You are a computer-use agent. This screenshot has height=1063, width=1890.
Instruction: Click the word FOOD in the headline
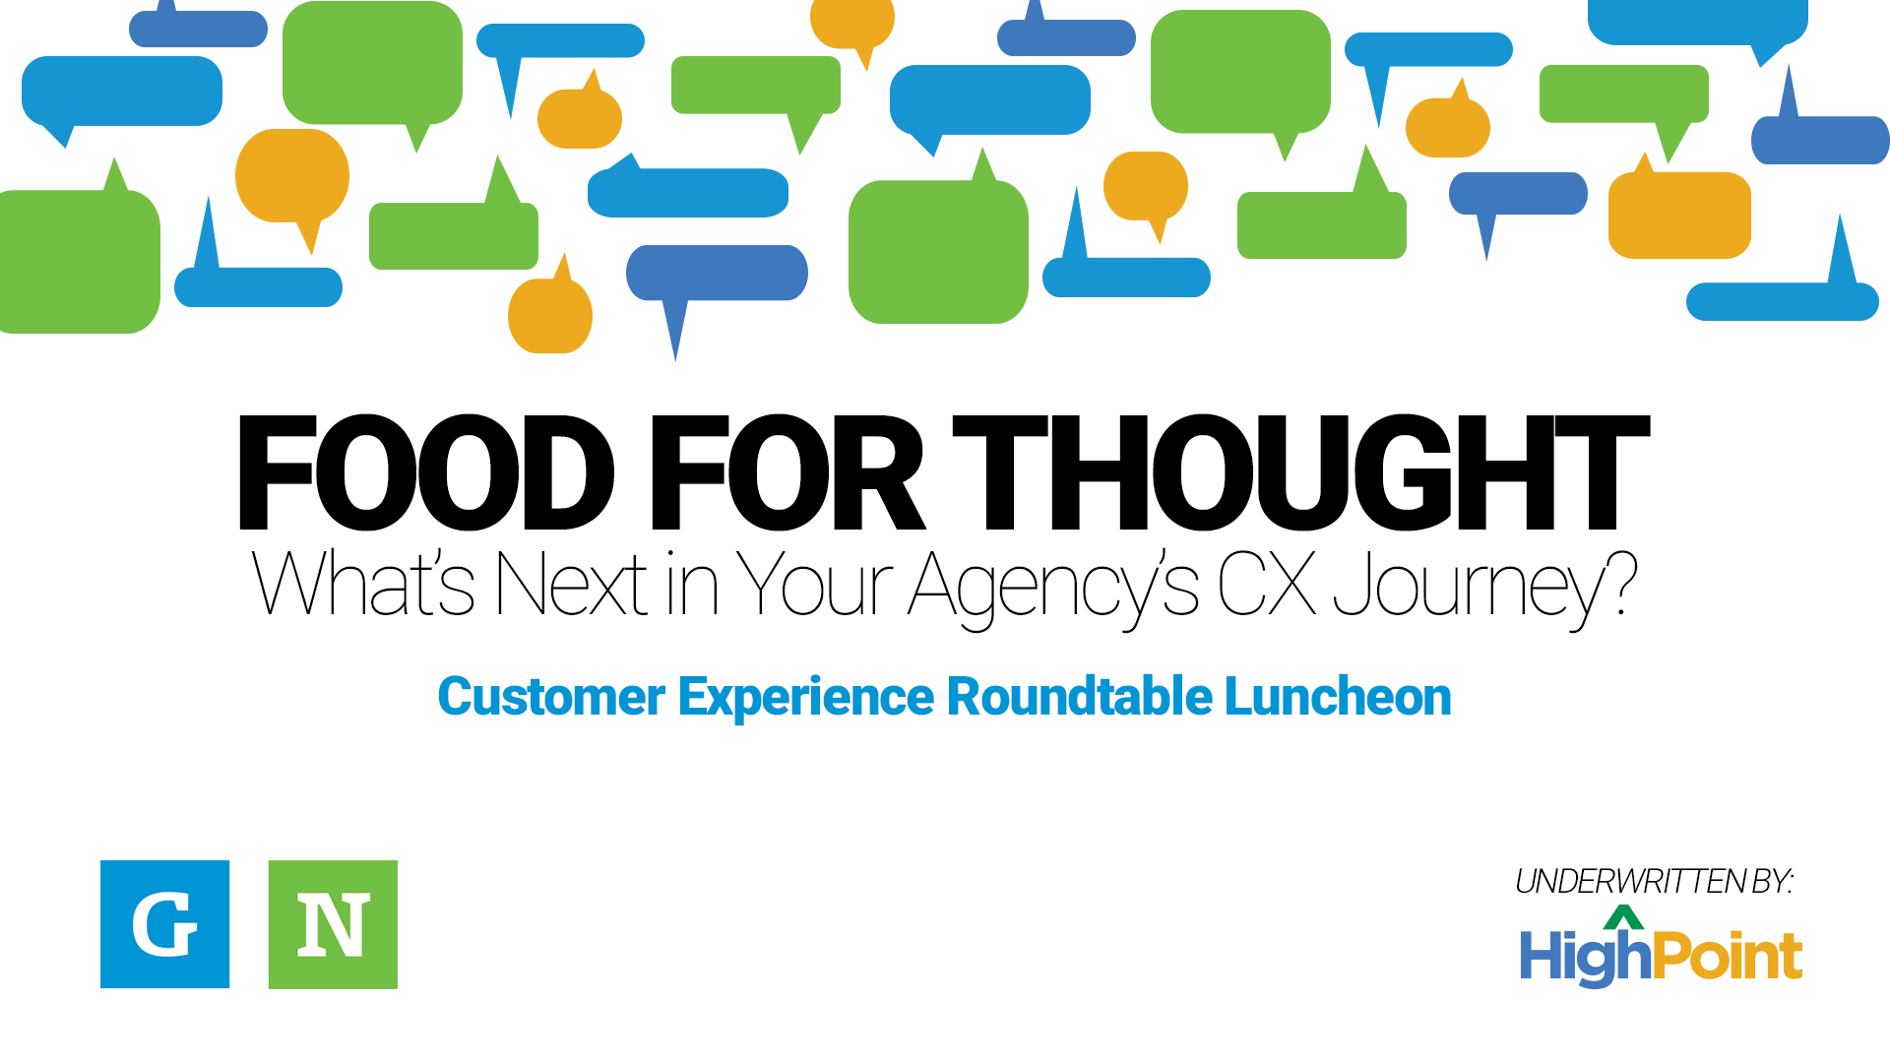[x=425, y=472]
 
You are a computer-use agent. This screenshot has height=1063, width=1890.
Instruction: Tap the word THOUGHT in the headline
[x=1300, y=472]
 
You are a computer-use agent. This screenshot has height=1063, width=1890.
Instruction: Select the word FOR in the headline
[x=786, y=472]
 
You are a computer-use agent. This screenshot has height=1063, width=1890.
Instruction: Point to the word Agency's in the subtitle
[x=1053, y=588]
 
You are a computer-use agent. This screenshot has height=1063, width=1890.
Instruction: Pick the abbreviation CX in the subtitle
[x=1267, y=584]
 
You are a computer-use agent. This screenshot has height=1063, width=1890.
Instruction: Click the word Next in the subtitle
[x=571, y=584]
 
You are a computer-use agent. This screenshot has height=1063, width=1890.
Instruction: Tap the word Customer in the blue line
[x=551, y=697]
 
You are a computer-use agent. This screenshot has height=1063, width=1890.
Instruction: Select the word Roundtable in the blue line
[x=1079, y=697]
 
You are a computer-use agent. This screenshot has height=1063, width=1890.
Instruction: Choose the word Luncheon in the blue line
[x=1338, y=697]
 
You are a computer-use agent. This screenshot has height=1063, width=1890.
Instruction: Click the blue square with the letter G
[x=165, y=924]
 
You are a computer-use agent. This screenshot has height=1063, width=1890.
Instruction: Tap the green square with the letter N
[x=333, y=924]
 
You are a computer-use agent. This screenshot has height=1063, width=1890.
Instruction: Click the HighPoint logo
[x=1661, y=947]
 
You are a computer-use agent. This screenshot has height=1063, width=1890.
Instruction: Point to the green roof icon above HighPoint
[x=1623, y=918]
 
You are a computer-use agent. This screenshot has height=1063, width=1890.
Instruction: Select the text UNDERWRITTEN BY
[x=1654, y=882]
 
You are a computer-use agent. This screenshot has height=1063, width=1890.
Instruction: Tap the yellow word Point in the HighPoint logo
[x=1728, y=955]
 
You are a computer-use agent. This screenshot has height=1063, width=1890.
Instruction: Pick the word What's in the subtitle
[x=364, y=584]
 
